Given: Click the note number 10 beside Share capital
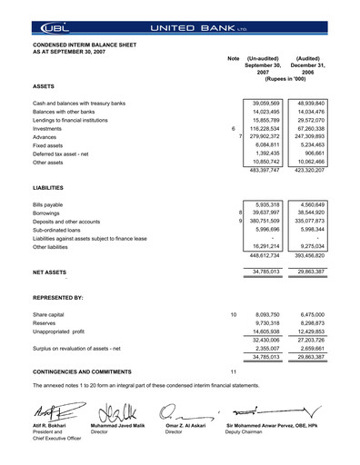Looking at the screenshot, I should tap(234, 314).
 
